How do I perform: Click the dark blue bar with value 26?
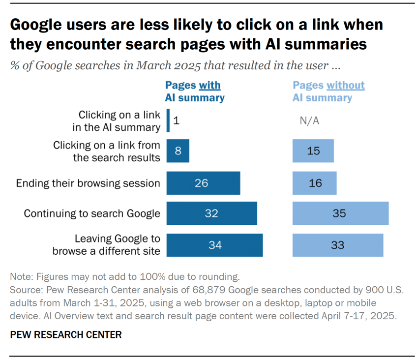pos(203,183)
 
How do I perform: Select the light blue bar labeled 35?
pos(340,213)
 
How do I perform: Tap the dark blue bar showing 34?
pos(214,245)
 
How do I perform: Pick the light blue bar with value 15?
pos(313,150)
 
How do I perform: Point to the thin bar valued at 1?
pos(168,120)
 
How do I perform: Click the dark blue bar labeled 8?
pos(178,150)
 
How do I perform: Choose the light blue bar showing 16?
pos(315,183)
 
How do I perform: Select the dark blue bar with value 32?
pos(211,213)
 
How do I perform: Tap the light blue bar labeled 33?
pos(337,245)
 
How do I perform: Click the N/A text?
pos(309,121)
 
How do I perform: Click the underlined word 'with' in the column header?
pos(209,85)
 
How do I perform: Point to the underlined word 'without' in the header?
pos(346,85)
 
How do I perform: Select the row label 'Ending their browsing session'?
pos(88,183)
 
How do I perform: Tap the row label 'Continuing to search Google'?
pos(92,213)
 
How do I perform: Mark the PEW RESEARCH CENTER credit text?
pos(65,335)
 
